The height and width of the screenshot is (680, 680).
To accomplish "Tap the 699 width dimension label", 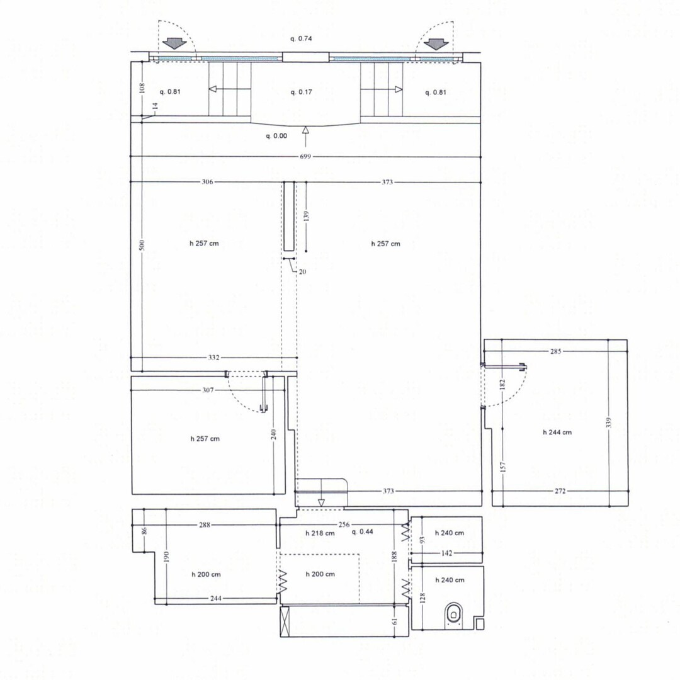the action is [x=305, y=157].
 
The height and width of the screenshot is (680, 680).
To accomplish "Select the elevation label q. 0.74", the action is [x=301, y=38].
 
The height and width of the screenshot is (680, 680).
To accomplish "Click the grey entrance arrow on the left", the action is [x=174, y=44].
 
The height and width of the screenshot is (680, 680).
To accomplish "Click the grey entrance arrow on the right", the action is [x=436, y=44].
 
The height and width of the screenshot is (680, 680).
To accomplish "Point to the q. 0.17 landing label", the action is [x=301, y=92].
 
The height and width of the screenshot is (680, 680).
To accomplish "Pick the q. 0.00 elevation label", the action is [x=276, y=136].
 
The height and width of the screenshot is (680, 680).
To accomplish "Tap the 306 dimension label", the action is [x=207, y=182].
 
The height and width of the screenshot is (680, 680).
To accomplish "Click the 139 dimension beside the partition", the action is [x=306, y=217].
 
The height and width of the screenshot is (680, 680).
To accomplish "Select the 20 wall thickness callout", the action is [x=302, y=272].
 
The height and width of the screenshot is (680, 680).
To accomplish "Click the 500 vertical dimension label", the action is [x=142, y=245].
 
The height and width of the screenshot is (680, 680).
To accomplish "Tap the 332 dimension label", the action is [x=214, y=358].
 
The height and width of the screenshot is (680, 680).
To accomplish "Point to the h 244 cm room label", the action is [x=557, y=433].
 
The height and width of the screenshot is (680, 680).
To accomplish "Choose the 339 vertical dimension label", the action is [x=608, y=423].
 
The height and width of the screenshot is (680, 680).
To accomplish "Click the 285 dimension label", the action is [x=555, y=351].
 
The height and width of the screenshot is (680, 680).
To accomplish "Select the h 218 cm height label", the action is [x=320, y=533].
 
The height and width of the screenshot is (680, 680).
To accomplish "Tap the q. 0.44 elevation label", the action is [x=363, y=531].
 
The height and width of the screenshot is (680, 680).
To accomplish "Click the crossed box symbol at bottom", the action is [x=285, y=621].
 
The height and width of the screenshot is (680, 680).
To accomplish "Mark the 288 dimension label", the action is [x=205, y=525].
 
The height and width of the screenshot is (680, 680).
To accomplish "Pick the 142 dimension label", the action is [x=446, y=553].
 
